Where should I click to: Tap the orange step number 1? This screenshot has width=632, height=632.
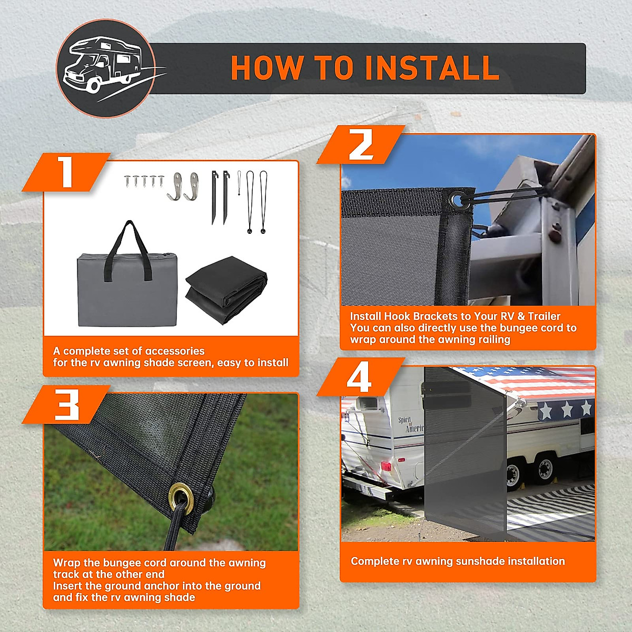pos(66,172)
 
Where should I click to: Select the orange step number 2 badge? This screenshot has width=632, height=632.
pos(361,145)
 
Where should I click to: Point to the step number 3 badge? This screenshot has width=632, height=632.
pos(66,404)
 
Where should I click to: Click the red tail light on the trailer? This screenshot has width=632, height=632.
pos(386,466)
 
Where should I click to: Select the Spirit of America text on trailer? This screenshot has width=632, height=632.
pos(411,424)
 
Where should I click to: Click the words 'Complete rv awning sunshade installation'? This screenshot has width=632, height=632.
pos(458,561)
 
